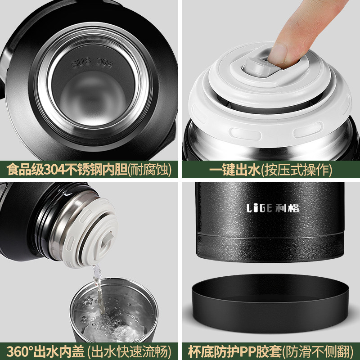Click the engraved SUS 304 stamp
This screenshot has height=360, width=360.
93,62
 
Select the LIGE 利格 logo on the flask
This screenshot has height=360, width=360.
273,208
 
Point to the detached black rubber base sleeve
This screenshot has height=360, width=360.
270,302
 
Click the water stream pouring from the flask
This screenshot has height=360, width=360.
98,289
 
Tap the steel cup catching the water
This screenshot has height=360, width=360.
114,310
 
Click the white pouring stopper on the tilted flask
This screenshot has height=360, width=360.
91,232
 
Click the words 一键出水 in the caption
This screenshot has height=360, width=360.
234,170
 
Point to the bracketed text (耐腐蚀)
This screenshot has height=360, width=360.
149,170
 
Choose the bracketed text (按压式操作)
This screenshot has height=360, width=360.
297,170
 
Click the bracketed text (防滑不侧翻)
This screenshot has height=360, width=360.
318,351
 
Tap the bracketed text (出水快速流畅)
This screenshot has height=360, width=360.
129,351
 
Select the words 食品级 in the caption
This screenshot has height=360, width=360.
25,170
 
